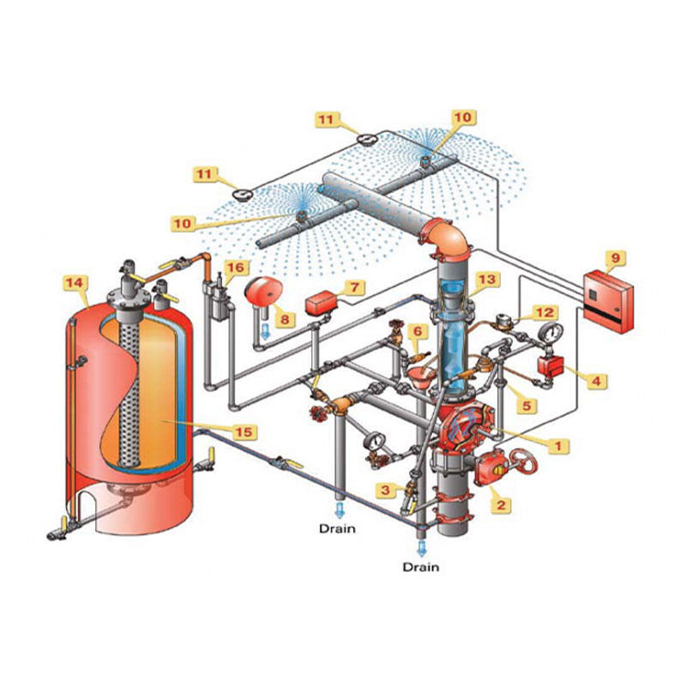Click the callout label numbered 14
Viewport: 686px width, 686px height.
pos(75,283)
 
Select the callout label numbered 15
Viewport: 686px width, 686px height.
pos(244,432)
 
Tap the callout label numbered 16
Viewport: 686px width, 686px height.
pos(237,268)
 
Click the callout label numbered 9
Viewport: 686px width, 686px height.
pos(615,258)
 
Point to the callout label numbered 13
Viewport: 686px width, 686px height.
pos(486,280)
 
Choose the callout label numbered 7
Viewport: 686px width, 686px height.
pos(354,287)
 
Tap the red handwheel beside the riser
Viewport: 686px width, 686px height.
pos(524,462)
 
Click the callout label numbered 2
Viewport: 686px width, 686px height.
pos(501,505)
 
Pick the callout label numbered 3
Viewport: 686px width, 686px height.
pos(385,490)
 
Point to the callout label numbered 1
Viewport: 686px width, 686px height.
pos(558,446)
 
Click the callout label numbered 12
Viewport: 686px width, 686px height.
pos(545,312)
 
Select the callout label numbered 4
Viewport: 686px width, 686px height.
pos(596,381)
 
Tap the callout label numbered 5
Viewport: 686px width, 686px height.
pos(527,406)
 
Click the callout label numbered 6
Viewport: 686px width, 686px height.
pos(418,331)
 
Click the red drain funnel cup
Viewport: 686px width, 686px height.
pos(419,376)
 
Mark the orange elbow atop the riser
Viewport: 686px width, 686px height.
pos(446,240)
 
